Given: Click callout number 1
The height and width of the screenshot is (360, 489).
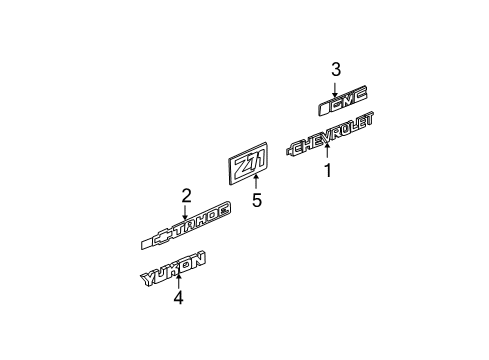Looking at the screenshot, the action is click(325, 171).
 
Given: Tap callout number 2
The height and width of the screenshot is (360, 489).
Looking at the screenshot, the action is click(185, 195).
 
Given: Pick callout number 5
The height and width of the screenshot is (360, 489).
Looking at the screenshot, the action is click(256, 199).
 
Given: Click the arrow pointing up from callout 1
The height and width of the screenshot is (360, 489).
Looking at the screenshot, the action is click(325, 153).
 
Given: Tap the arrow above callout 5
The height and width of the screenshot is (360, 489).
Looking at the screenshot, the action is click(256, 182).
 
